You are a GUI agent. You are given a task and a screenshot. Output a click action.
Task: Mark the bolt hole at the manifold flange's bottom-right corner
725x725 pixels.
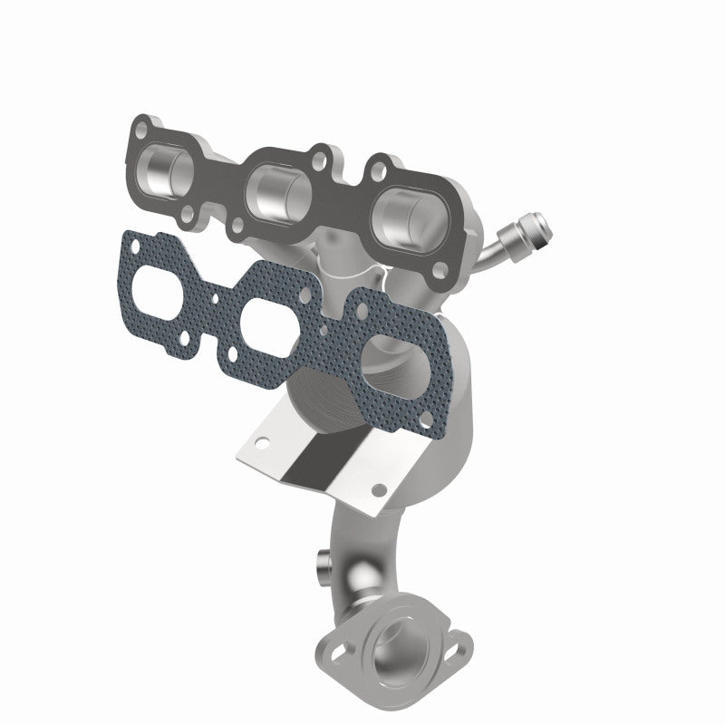440,270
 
